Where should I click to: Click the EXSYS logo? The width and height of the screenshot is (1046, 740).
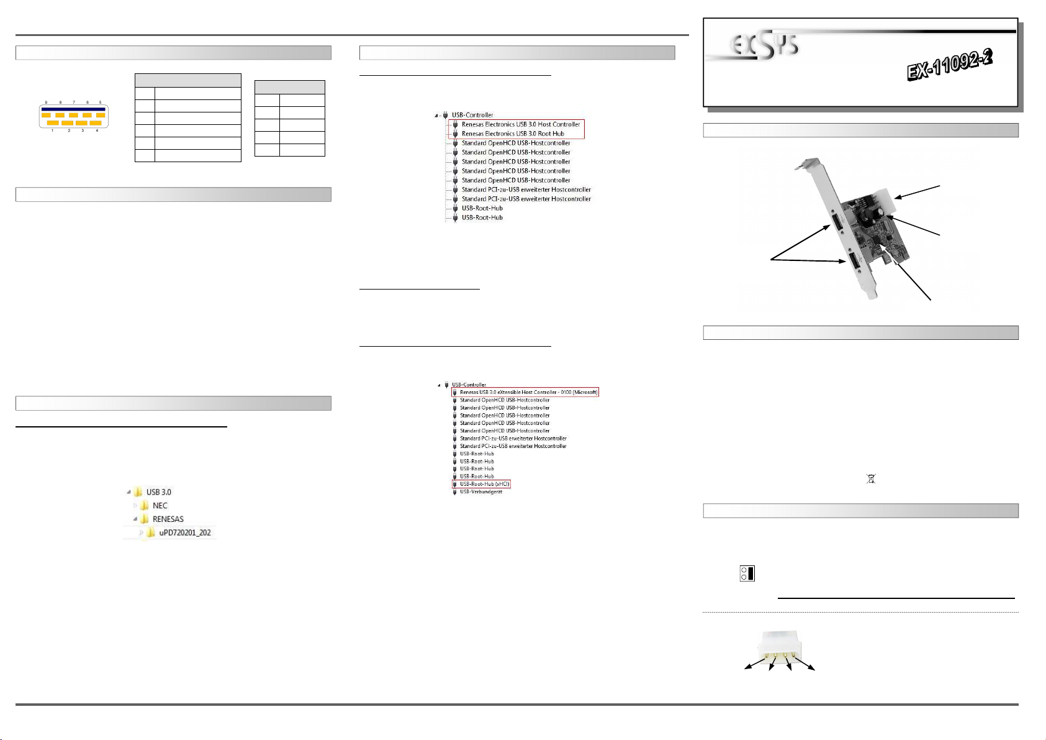coord(764,46)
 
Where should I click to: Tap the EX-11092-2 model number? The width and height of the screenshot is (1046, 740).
coord(950,65)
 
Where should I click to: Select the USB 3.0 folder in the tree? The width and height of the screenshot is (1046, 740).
coord(153,491)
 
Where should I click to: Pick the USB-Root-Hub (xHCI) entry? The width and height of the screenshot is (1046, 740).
coord(482,484)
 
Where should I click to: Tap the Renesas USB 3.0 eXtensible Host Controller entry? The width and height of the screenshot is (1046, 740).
coord(525,392)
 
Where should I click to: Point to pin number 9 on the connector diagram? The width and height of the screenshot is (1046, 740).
coord(46,102)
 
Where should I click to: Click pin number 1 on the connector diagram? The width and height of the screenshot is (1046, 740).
coord(52,131)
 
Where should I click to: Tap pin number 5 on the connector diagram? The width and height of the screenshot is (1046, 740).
coord(101,102)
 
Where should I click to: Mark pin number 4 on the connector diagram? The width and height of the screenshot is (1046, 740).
coord(97,131)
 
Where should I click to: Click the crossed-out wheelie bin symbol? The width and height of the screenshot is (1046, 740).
coord(871,478)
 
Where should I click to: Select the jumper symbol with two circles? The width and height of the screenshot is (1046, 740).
coord(747,573)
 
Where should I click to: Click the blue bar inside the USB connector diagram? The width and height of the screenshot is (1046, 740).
coord(74,109)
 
